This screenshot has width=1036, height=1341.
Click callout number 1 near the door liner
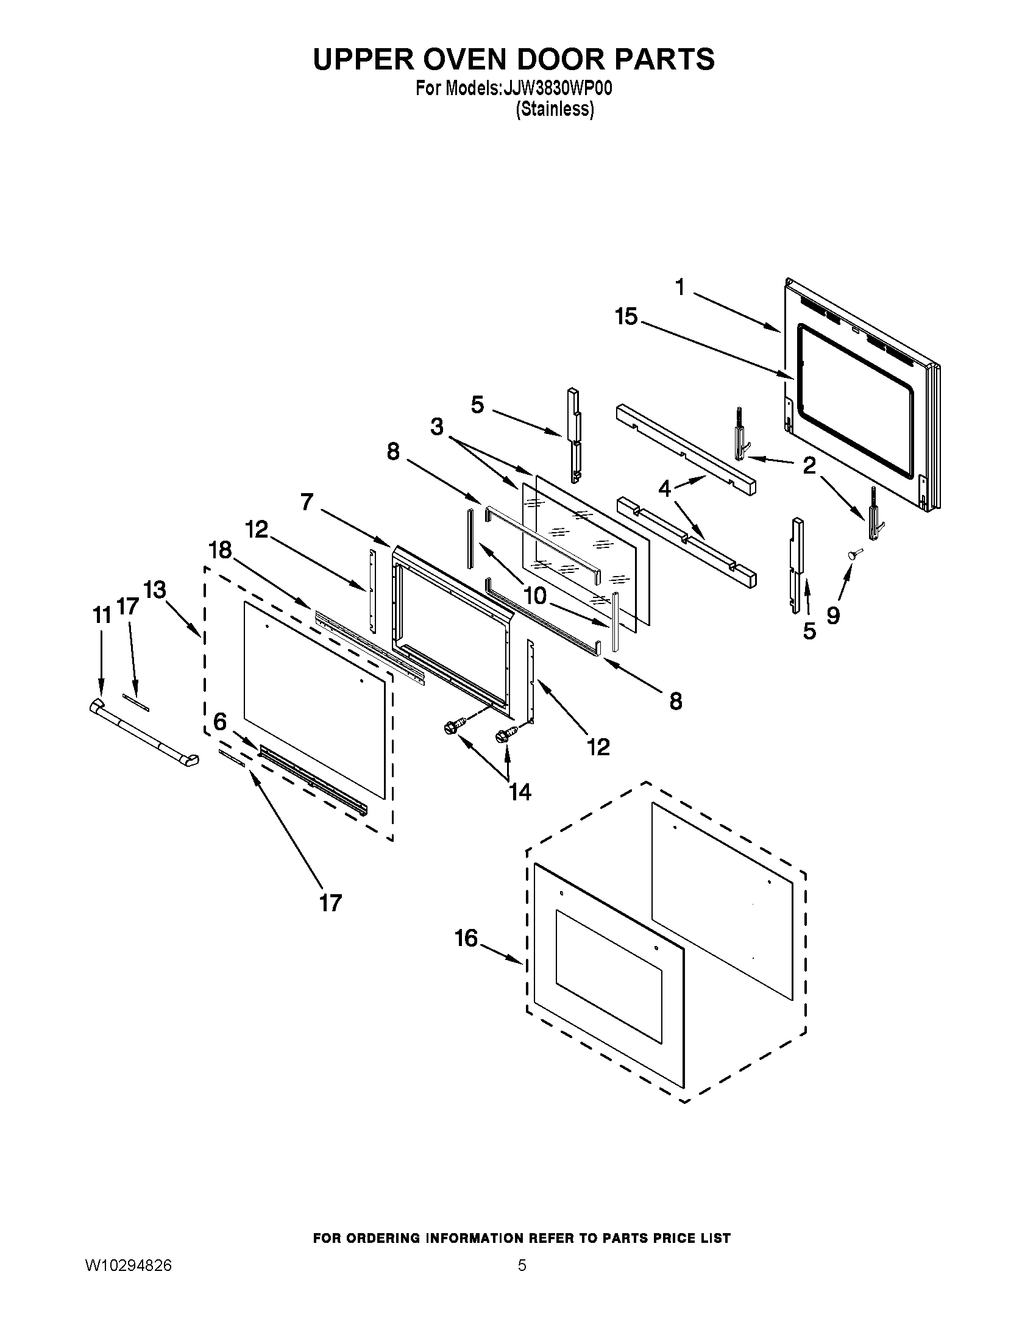coord(679,286)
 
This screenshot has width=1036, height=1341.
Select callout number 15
coord(626,317)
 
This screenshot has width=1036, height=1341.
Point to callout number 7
coord(307,502)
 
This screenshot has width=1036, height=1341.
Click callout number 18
coord(220,550)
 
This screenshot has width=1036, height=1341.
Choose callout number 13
coord(154,590)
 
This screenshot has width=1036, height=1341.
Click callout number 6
coord(220,722)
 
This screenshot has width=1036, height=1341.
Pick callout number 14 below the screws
coord(519,792)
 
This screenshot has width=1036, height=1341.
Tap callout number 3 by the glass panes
coord(436,426)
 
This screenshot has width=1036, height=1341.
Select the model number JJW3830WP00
coord(556,89)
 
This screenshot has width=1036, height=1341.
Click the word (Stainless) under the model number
coord(555,109)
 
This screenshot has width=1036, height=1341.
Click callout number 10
coord(535,596)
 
